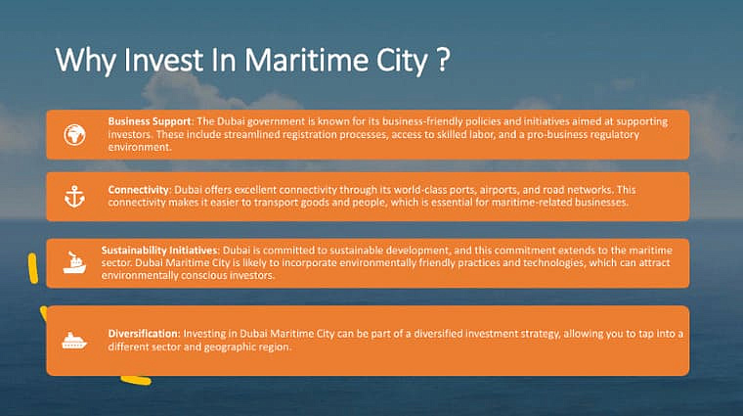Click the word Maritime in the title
(306, 61)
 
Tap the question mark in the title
(442, 60)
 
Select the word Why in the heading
(85, 62)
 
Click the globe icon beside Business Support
(74, 135)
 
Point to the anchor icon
(74, 197)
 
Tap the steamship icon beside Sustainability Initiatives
(74, 262)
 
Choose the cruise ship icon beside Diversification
(74, 341)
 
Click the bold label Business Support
(150, 121)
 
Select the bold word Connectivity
(139, 190)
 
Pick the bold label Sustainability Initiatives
(159, 251)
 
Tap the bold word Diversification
(143, 334)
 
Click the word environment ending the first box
(139, 147)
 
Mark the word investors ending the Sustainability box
(251, 275)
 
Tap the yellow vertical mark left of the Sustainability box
(32, 268)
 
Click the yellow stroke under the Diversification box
(136, 380)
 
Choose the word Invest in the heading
(164, 61)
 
